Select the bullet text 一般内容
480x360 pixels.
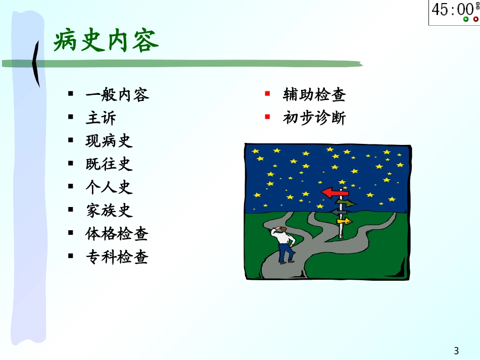(117, 94)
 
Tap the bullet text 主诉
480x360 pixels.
(101, 118)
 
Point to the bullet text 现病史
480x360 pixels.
(109, 141)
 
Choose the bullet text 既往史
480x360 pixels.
(109, 164)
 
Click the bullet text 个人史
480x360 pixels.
(109, 187)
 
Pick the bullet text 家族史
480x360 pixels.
(109, 211)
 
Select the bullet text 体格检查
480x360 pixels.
(117, 234)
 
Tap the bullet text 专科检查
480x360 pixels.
(117, 257)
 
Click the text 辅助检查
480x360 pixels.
(314, 94)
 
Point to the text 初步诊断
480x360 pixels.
(314, 118)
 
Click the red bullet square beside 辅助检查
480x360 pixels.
(267, 93)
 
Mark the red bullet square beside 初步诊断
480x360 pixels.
(267, 117)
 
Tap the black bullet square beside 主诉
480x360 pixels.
(71, 117)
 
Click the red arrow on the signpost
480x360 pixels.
(335, 193)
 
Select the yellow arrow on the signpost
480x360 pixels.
(345, 221)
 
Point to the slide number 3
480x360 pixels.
(456, 350)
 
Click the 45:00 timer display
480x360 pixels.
(453, 9)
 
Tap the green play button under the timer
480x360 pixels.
(466, 19)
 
